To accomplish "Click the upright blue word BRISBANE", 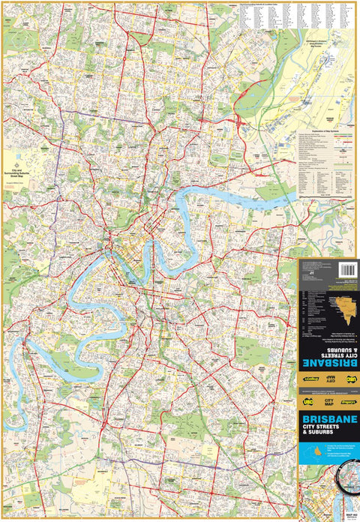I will click(x=328, y=419).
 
